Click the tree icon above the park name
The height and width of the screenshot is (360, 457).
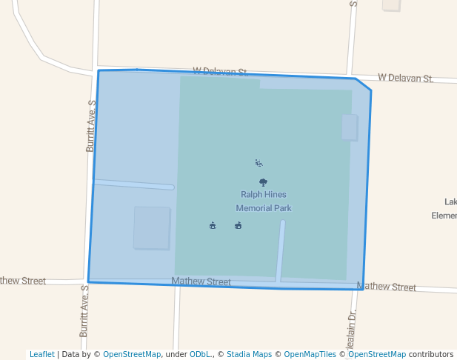(263, 181)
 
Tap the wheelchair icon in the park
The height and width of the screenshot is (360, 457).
(258, 163)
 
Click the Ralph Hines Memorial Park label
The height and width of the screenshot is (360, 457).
(263, 201)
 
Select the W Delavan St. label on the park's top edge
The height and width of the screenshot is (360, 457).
(220, 72)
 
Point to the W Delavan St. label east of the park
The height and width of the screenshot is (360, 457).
(405, 78)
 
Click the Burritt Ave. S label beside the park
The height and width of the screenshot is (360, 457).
(91, 127)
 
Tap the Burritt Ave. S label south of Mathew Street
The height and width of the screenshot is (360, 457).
(84, 313)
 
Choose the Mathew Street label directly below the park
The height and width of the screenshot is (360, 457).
(201, 281)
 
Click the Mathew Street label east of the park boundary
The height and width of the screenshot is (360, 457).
(386, 287)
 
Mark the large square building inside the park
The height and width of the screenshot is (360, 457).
(151, 227)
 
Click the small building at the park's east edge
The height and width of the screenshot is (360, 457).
(349, 127)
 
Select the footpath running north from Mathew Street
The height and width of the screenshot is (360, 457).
(281, 251)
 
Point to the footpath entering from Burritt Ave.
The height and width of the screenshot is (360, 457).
(133, 184)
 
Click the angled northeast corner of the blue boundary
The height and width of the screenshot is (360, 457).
(364, 84)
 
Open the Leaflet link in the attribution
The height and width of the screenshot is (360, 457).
(41, 354)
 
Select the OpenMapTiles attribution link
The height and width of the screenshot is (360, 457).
(308, 354)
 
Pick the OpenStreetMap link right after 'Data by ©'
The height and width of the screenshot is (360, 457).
(132, 354)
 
